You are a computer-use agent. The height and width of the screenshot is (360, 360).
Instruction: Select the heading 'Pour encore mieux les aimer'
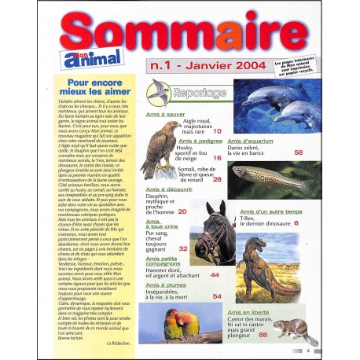coord(90,86)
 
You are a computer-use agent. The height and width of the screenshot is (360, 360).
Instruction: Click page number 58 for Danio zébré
coord(298,152)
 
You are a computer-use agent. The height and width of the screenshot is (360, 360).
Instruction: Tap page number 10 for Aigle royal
coord(217,132)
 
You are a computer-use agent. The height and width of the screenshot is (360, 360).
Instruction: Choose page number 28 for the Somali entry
coord(217,180)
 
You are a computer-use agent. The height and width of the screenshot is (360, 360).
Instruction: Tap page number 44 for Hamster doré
coord(215,276)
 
